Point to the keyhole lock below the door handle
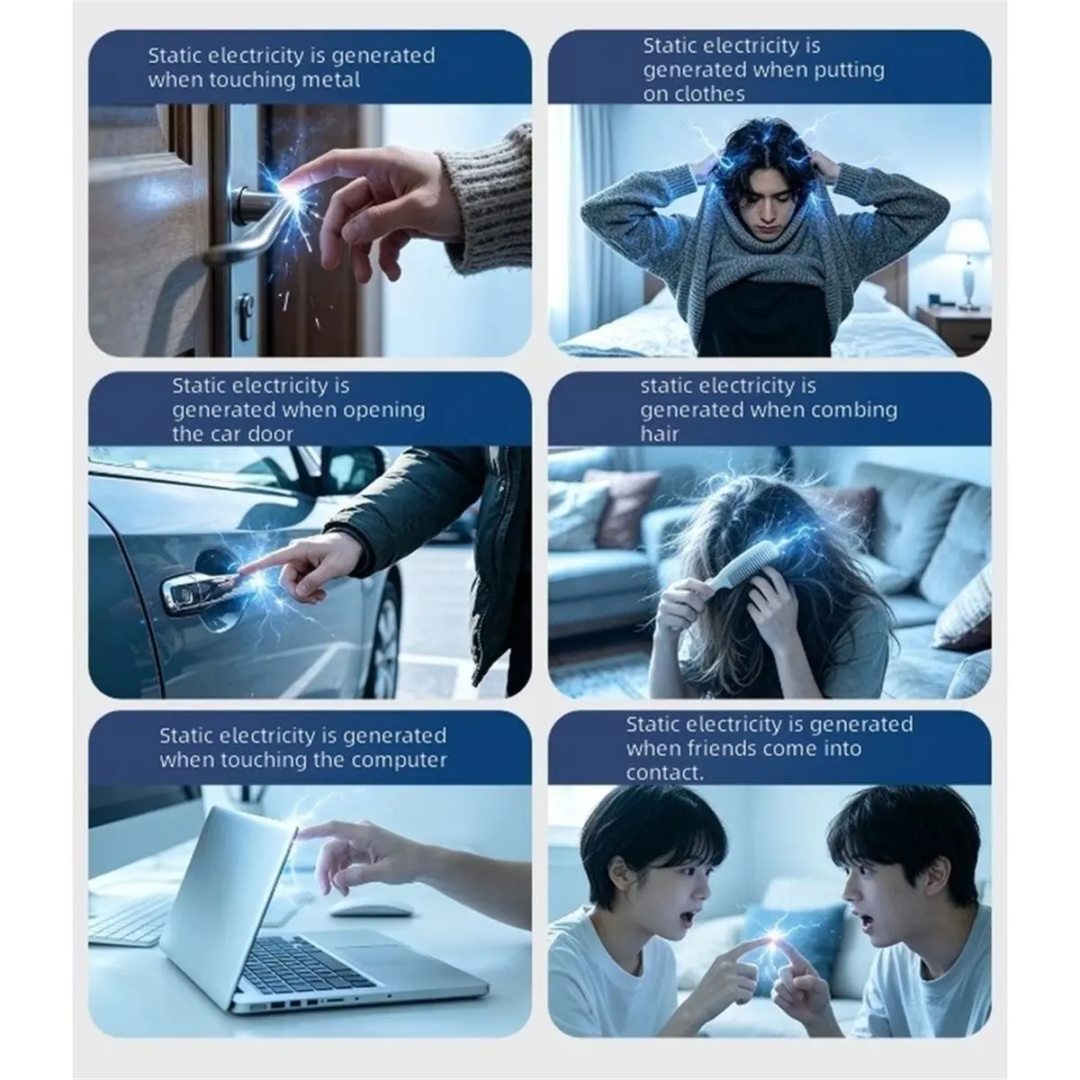click(x=245, y=317)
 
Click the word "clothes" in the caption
click(x=694, y=94)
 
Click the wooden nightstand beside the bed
click(x=953, y=329)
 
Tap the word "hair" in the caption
click(x=660, y=435)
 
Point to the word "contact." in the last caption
click(x=665, y=773)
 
